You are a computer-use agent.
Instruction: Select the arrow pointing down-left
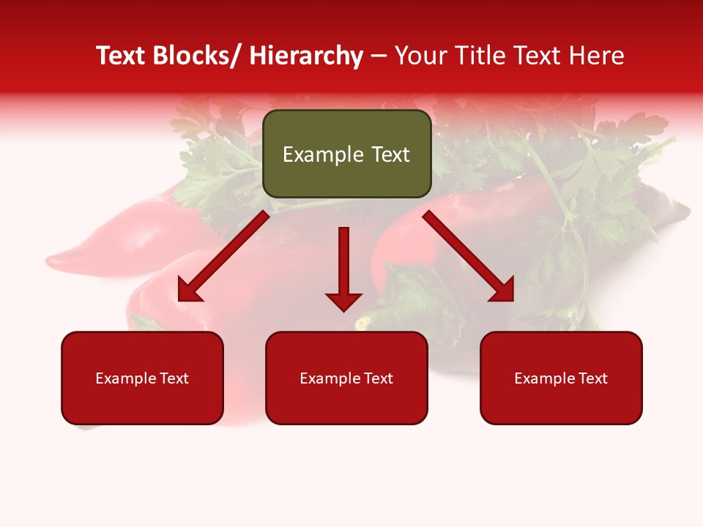[223, 256]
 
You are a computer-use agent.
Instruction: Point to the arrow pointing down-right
[469, 256]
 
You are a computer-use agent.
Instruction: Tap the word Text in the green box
[390, 154]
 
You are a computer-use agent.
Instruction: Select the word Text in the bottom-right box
[592, 378]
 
